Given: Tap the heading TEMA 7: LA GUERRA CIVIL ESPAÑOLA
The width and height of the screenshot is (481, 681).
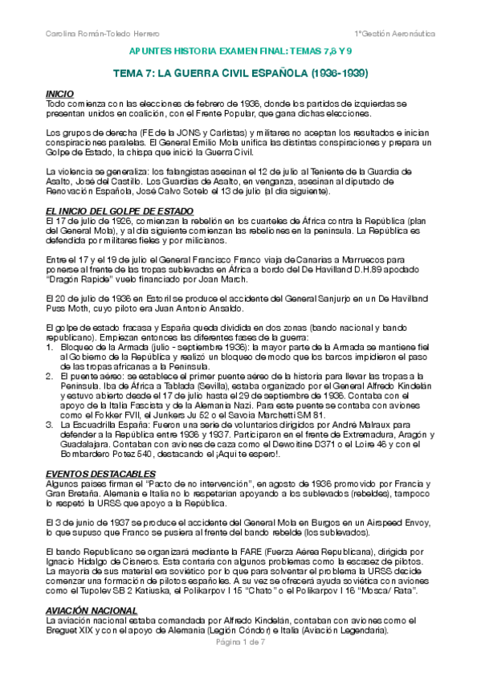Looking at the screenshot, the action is point(240,73).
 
